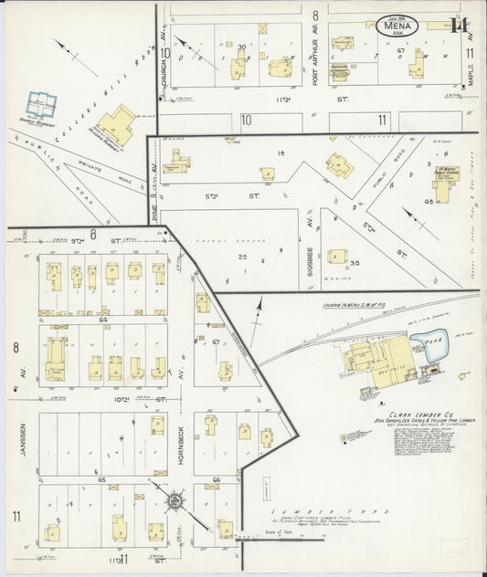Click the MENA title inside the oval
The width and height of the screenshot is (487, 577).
[398, 26]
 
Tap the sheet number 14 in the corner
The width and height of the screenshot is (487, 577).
[459, 26]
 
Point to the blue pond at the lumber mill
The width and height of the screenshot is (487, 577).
[425, 346]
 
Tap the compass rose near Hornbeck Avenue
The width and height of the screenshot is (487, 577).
[174, 500]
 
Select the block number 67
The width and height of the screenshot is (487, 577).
[216, 342]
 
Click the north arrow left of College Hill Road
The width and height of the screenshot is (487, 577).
[74, 56]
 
